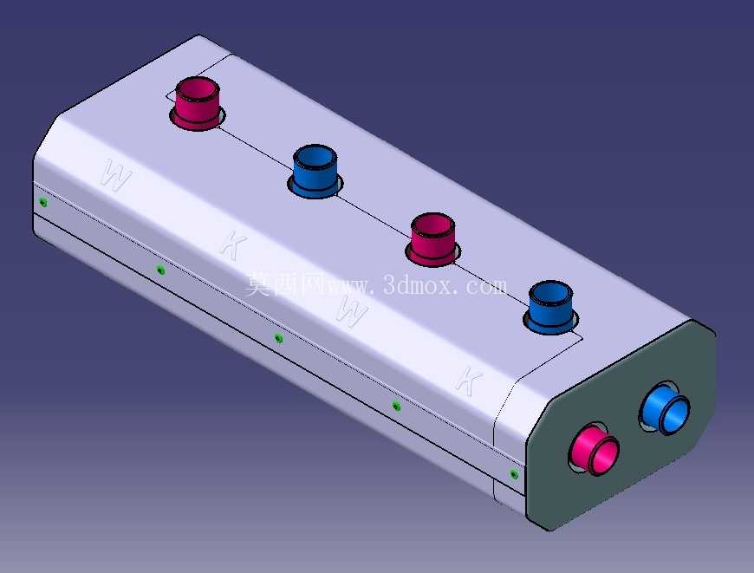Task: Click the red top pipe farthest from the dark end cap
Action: point(197,103)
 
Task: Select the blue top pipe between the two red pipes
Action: point(315,172)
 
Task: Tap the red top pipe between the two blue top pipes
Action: point(432,239)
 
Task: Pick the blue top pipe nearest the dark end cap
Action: point(550,308)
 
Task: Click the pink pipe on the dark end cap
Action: point(595,449)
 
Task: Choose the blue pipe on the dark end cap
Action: point(666,408)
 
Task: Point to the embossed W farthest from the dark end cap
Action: point(116,175)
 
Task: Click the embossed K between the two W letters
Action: point(234,244)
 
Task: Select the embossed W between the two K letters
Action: point(352,311)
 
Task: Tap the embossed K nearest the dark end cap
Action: point(469,381)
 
